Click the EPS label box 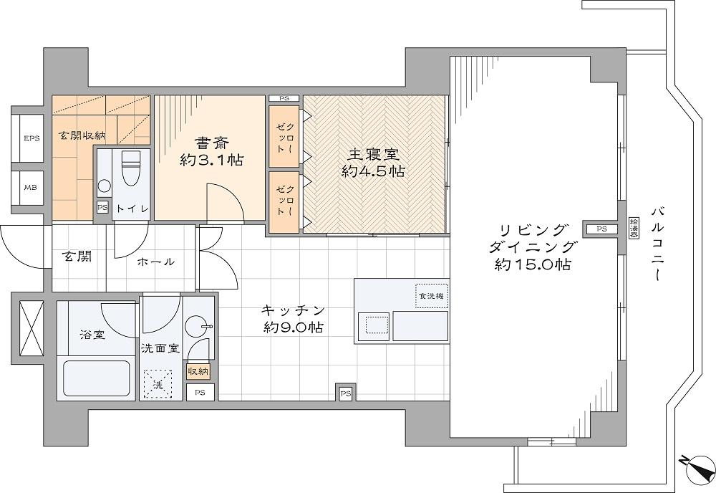click(x=32, y=138)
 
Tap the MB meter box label click(x=31, y=187)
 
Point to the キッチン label click(x=293, y=310)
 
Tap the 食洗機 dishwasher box click(x=432, y=296)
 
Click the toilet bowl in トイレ click(x=130, y=168)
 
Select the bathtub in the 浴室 click(x=97, y=378)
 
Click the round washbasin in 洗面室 click(x=195, y=326)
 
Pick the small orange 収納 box click(x=198, y=371)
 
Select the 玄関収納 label click(x=82, y=135)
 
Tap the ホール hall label click(x=155, y=262)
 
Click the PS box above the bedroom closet click(x=284, y=98)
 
